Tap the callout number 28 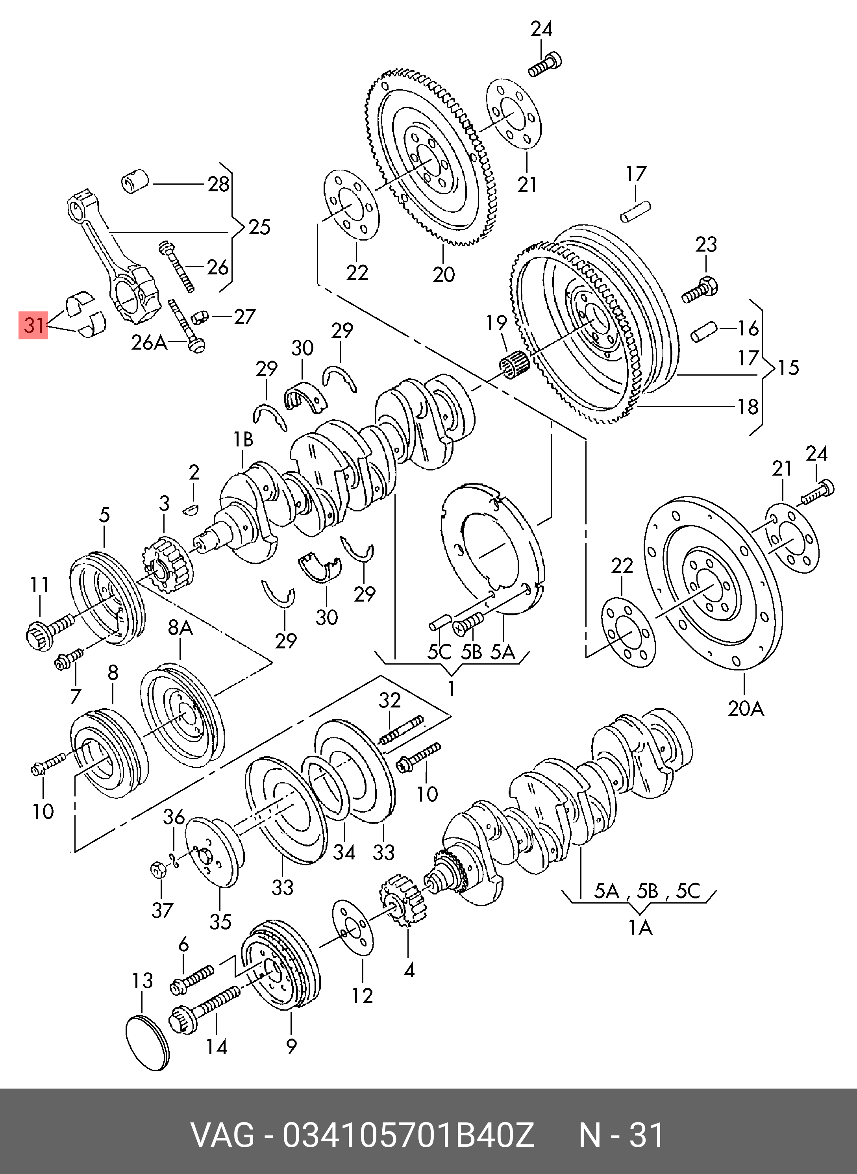point(218,184)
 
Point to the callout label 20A point(746,708)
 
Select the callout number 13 point(143,980)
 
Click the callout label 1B point(243,439)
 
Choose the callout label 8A point(180,628)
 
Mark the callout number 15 point(789,367)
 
